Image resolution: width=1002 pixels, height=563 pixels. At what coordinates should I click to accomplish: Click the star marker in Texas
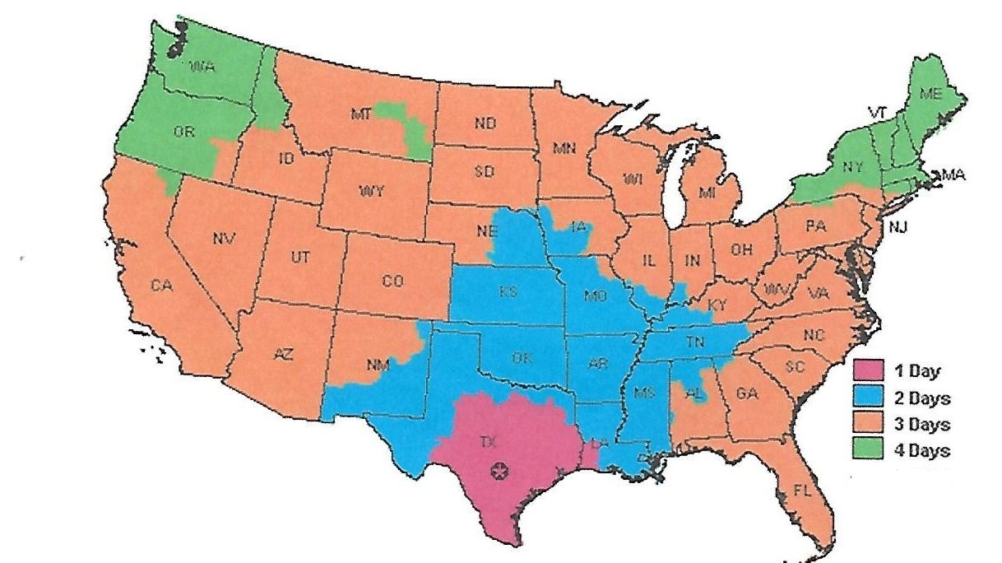(x=499, y=471)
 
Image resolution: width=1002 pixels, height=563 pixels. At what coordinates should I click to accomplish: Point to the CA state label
(x=160, y=286)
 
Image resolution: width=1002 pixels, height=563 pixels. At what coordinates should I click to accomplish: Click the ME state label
(x=930, y=94)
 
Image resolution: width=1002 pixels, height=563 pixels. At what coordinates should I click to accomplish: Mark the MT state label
(x=362, y=115)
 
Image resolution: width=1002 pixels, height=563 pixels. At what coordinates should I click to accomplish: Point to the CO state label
(x=393, y=281)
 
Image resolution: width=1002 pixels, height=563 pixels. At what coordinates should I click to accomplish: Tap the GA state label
(x=746, y=393)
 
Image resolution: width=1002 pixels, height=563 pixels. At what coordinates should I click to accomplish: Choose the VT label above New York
(x=876, y=111)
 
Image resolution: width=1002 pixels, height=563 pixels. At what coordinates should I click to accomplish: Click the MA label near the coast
(x=954, y=174)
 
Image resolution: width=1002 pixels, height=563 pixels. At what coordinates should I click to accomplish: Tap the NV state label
(x=223, y=240)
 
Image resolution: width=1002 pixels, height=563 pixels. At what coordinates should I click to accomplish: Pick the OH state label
(x=741, y=249)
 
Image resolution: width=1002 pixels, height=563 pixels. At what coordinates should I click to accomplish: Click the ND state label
(x=485, y=123)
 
